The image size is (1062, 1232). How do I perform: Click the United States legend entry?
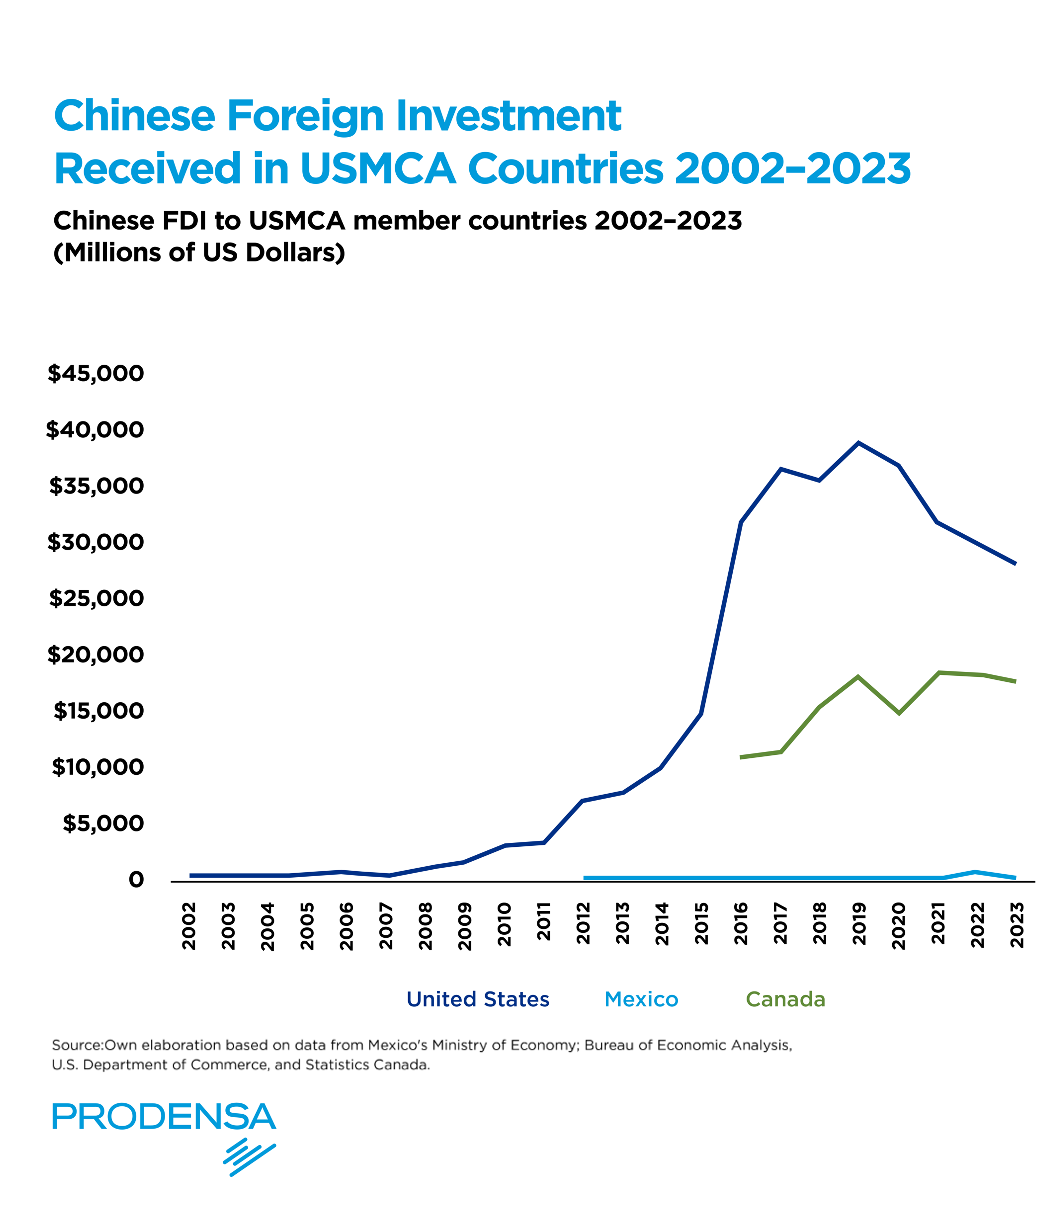click(x=477, y=999)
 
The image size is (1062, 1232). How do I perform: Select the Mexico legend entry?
click(x=641, y=999)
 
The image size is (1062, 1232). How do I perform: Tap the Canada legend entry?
click(x=785, y=999)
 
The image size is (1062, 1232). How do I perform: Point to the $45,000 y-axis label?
click(x=96, y=373)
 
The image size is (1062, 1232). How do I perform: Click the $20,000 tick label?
click(x=96, y=655)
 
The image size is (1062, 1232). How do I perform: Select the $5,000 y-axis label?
click(x=103, y=823)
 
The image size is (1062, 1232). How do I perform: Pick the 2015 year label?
click(x=702, y=923)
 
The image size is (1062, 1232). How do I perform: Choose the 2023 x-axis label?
click(x=1017, y=925)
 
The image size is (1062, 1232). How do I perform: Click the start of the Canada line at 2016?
click(x=741, y=757)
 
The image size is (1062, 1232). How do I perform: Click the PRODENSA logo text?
click(x=164, y=1117)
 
